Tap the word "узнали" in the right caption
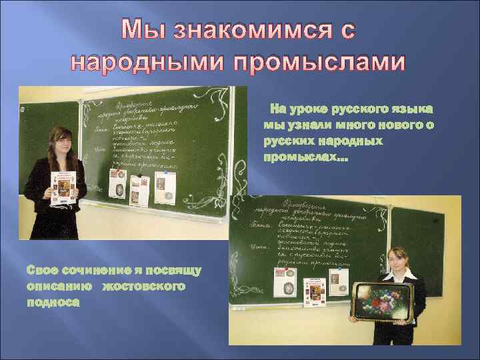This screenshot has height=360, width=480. tap(309, 125)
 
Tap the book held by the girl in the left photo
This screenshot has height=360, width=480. tap(65, 187)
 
